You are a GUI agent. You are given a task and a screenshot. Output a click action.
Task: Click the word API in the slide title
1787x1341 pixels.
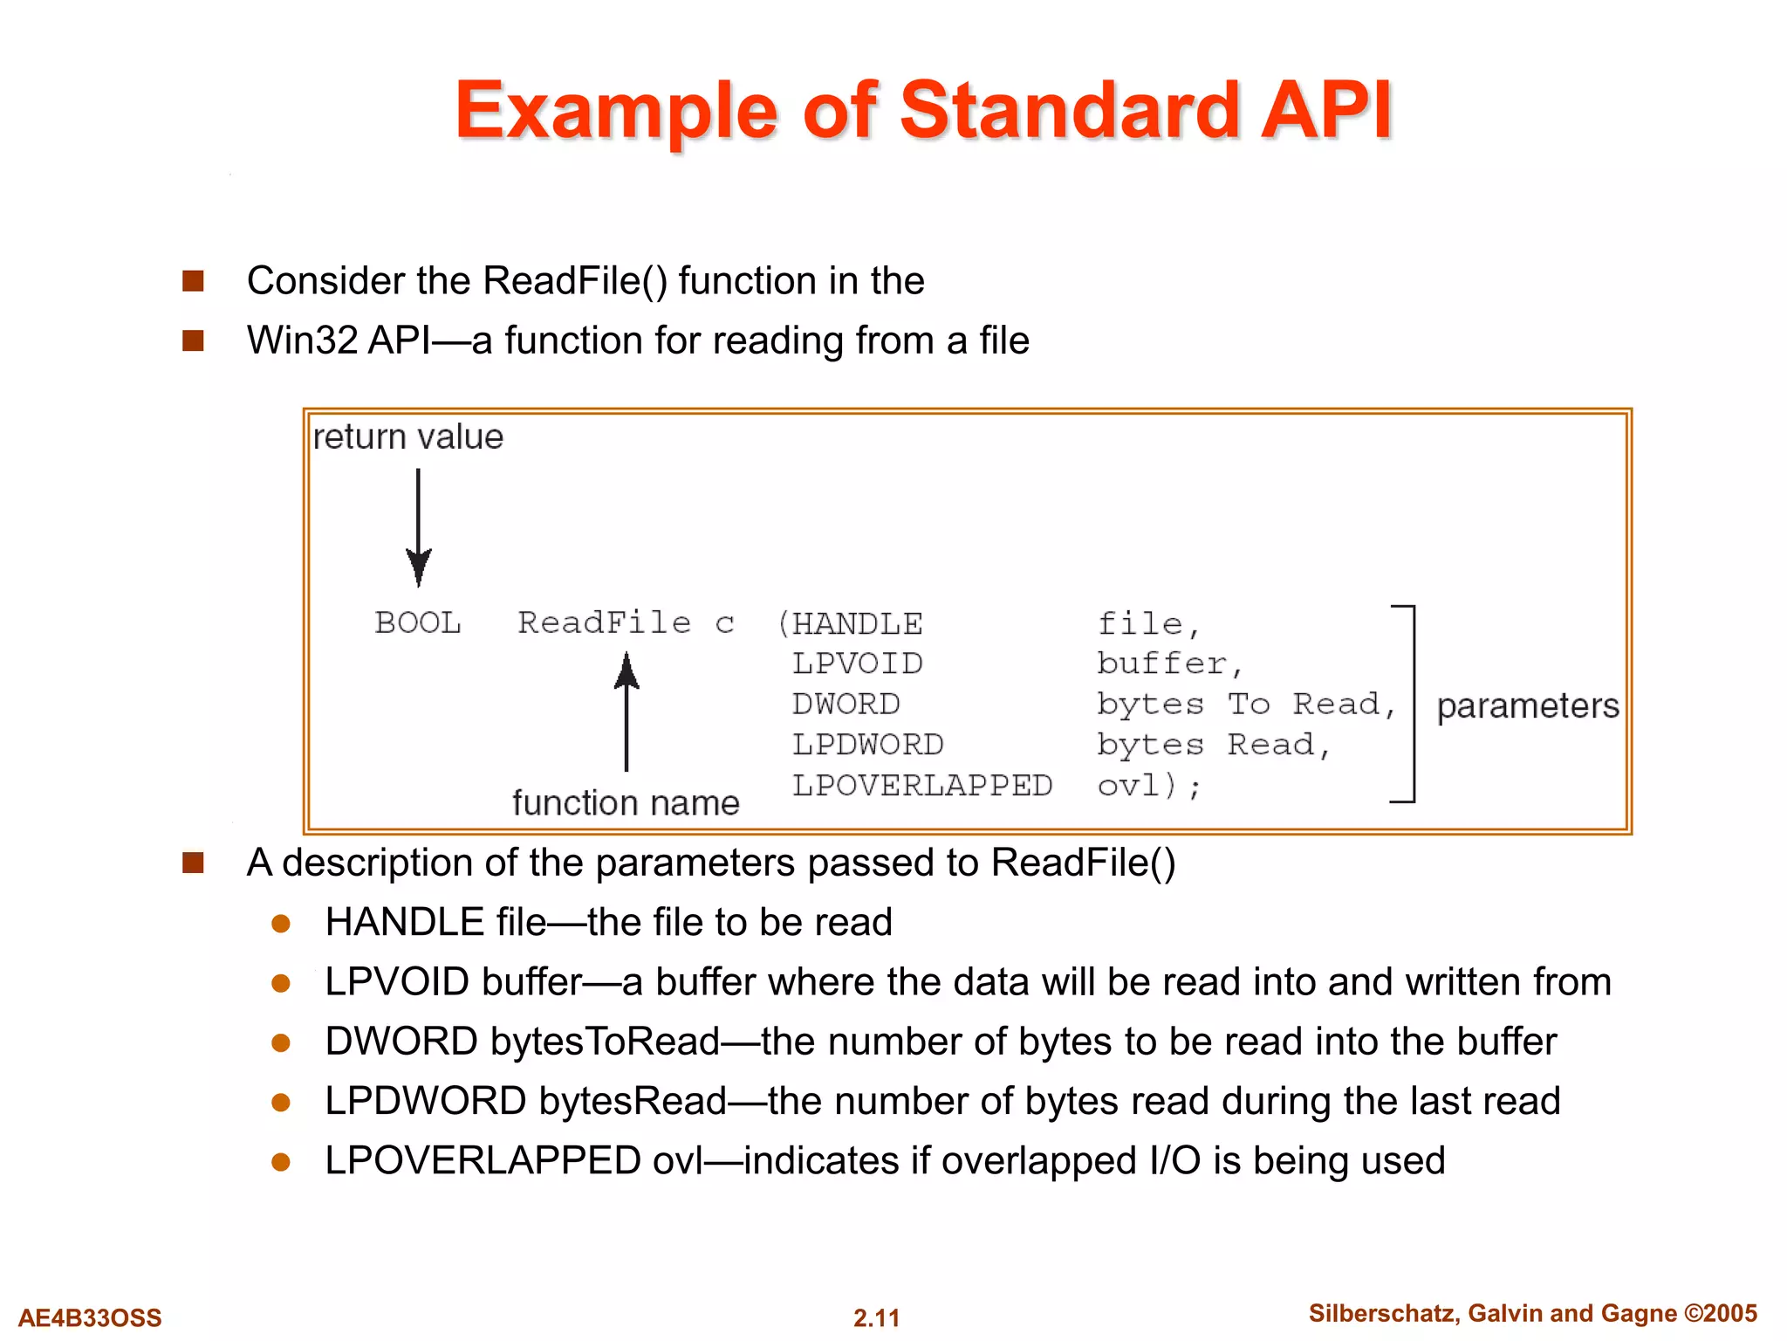[1326, 112]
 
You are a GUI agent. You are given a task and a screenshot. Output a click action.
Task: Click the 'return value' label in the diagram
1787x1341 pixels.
[407, 437]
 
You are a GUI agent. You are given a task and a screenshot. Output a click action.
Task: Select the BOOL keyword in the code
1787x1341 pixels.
[418, 623]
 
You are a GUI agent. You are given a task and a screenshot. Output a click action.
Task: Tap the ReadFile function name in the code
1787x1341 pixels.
[604, 623]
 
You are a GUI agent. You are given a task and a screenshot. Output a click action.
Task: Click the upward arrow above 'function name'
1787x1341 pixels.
[626, 712]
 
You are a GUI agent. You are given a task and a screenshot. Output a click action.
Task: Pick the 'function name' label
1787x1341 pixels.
[626, 802]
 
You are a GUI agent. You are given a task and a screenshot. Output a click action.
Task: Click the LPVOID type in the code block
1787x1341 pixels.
[857, 664]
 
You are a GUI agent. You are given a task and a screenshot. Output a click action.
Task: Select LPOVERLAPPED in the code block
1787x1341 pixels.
[921, 786]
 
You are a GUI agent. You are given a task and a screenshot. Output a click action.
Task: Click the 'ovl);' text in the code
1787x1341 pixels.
[1148, 787]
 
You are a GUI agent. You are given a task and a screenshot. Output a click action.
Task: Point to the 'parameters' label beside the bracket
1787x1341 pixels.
[1528, 705]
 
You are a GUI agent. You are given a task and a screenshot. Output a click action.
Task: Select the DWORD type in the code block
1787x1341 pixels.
[846, 705]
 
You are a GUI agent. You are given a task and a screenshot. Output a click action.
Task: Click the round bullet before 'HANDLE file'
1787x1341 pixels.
[281, 924]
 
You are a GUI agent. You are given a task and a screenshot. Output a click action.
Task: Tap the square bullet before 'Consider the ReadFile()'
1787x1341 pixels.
[193, 281]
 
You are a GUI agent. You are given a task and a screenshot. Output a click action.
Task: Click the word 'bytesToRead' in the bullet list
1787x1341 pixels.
[605, 1042]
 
